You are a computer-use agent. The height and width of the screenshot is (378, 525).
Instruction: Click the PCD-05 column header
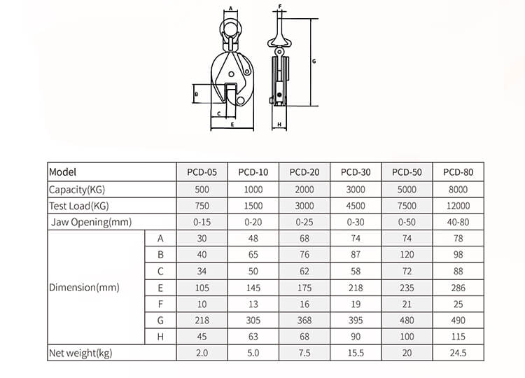click(202, 172)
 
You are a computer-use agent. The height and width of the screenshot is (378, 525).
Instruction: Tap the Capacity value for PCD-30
click(356, 190)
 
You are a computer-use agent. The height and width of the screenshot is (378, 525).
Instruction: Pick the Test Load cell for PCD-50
click(407, 206)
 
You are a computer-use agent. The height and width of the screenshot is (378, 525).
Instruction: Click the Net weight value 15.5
click(356, 353)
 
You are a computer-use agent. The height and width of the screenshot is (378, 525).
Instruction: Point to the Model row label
click(63, 172)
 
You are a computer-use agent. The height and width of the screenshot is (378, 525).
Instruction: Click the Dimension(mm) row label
click(84, 287)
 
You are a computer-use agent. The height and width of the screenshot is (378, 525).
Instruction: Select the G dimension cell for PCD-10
click(253, 321)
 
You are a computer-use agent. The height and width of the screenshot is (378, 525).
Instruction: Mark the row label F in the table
click(160, 304)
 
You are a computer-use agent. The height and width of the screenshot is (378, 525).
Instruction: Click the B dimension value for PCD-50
click(407, 255)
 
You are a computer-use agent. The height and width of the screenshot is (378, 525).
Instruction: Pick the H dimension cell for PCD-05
click(202, 337)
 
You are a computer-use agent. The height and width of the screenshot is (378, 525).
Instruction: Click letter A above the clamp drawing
click(230, 9)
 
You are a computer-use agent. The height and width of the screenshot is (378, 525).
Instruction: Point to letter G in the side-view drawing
click(314, 62)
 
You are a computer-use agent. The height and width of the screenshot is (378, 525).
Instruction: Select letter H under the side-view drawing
click(279, 125)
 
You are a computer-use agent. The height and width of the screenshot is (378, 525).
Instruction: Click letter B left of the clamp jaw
click(197, 94)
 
